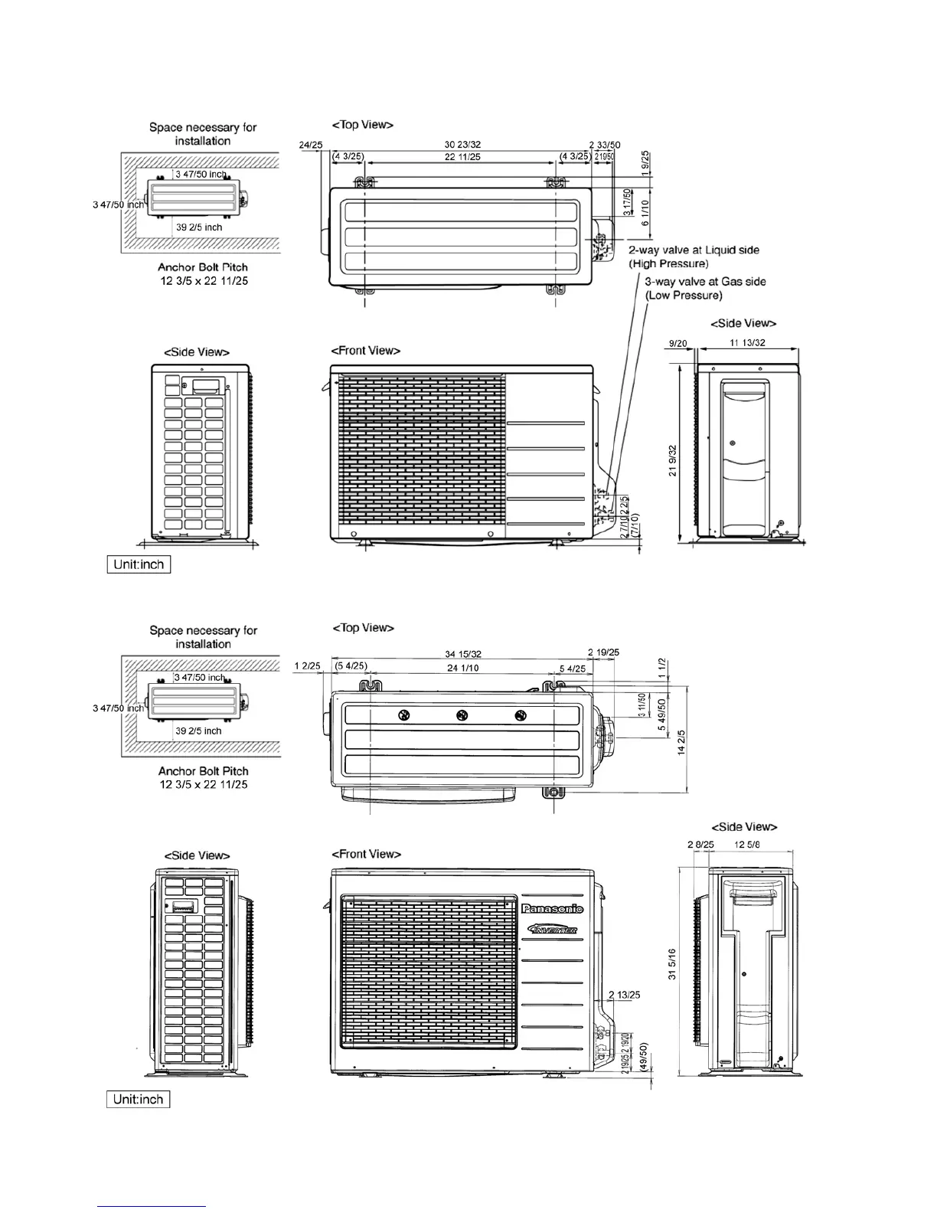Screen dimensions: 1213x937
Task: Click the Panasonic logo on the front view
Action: (552, 909)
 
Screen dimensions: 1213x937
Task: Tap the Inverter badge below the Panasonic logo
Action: (552, 930)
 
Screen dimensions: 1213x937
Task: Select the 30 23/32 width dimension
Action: (462, 145)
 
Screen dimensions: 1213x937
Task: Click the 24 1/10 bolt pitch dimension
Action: (462, 669)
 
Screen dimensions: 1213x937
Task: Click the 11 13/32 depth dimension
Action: (747, 343)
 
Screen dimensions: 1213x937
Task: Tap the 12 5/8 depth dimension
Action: (747, 845)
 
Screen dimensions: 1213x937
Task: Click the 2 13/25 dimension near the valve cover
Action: (624, 995)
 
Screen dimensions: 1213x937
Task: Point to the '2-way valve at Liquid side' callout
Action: (694, 250)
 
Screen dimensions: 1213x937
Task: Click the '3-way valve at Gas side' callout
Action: (705, 282)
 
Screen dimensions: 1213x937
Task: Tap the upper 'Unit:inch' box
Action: (139, 564)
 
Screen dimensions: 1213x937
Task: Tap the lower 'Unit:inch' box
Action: (139, 1100)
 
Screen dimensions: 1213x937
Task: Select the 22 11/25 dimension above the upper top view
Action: (462, 157)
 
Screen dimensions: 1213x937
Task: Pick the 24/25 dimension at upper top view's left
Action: (310, 145)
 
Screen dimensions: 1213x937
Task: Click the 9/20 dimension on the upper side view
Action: (677, 344)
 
